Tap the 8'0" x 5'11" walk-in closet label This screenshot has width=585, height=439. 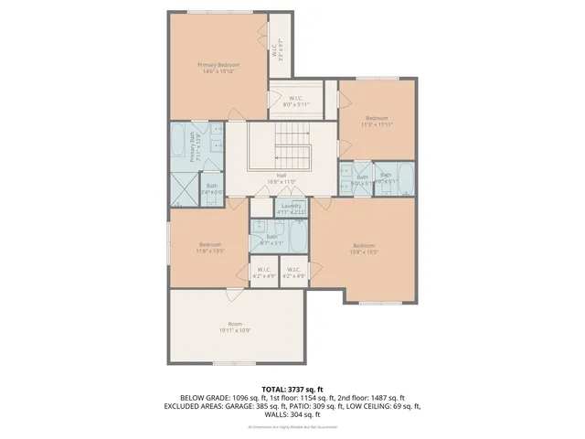pos(295,101)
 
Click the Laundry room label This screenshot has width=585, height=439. pos(292,209)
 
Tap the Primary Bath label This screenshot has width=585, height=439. pos(194,146)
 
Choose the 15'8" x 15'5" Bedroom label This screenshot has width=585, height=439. pos(364,247)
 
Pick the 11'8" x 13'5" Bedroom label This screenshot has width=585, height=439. pos(210,247)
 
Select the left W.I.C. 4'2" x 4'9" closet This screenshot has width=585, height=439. pos(264,272)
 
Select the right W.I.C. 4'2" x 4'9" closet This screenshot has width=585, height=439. pos(292,272)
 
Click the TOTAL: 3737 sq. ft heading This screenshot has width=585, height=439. pos(292,389)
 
